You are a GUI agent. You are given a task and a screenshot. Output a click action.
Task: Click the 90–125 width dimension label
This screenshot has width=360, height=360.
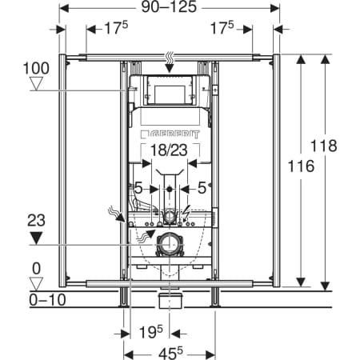click(x=169, y=7)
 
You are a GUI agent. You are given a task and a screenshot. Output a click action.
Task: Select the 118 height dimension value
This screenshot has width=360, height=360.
click(x=324, y=146)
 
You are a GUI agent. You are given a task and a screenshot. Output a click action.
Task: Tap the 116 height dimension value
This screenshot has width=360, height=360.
click(x=301, y=166)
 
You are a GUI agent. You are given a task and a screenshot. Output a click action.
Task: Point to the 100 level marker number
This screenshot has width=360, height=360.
click(x=36, y=68)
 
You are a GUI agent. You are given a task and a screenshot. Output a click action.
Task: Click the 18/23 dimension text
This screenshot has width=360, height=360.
click(x=169, y=150)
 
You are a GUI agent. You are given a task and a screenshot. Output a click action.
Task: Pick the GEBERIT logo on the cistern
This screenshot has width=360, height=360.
click(x=170, y=134)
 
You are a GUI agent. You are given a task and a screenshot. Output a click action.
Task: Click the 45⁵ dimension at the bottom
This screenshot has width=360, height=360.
click(x=170, y=354)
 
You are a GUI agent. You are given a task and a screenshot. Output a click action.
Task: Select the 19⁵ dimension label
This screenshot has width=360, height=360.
click(x=150, y=332)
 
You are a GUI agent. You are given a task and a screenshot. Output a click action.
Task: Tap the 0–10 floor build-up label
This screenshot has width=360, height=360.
click(x=47, y=300)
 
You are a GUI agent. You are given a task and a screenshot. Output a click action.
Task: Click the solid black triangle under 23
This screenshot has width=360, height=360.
click(x=36, y=238)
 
